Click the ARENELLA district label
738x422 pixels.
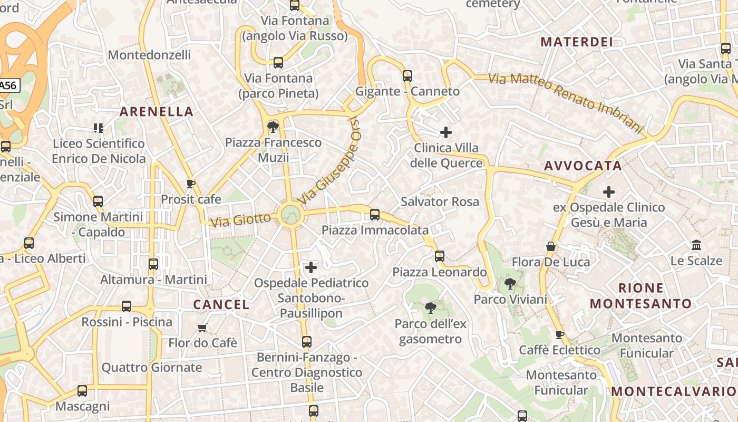156,111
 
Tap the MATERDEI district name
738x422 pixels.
577,42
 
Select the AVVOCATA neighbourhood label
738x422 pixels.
583,166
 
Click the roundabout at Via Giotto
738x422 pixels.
290,215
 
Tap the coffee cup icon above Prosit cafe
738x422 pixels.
191,184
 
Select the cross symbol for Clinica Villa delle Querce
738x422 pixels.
446,132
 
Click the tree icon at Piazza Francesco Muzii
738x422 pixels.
273,127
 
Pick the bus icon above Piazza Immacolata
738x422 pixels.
375,215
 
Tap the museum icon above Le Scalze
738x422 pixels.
696,245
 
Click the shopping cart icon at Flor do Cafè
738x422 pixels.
202,328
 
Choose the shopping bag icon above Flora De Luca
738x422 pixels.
551,246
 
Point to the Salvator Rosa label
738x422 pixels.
440,202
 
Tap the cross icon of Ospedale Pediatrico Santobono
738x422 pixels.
311,267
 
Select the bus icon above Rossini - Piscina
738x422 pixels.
127,306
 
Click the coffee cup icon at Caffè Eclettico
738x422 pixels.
559,334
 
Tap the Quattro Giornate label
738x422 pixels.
151,368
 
